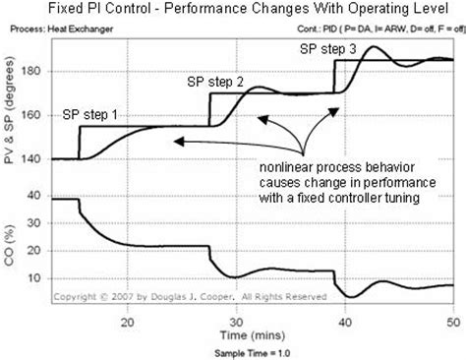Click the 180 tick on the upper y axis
[x=34, y=72]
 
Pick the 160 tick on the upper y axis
[x=34, y=115]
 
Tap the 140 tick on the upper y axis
[x=34, y=158]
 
